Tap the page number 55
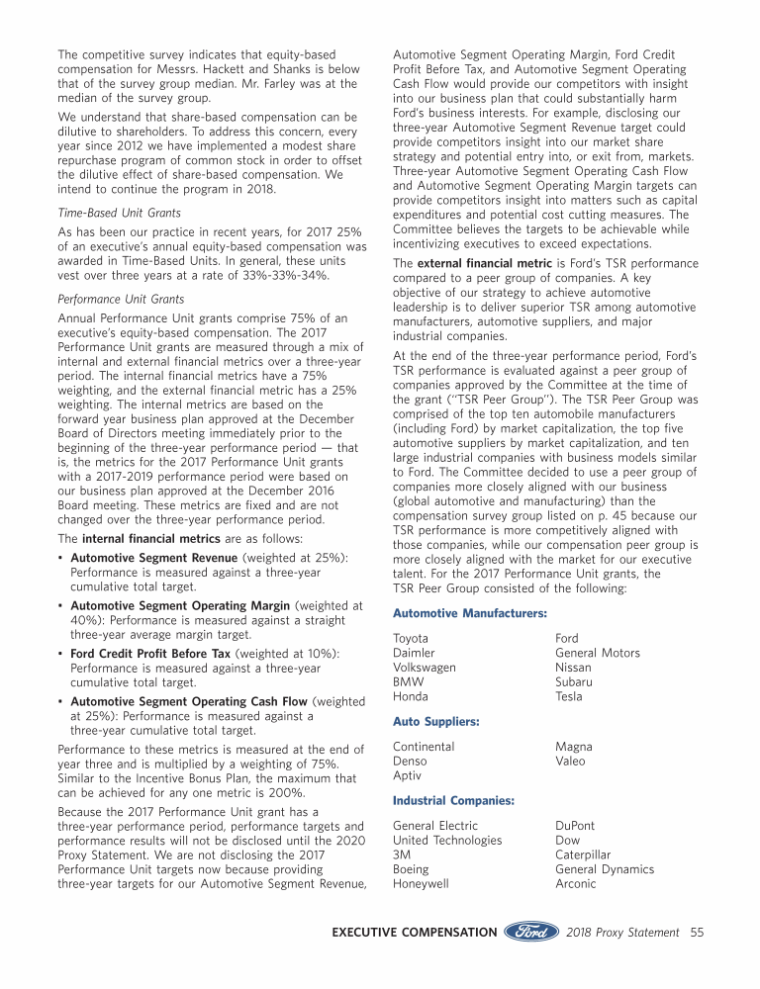(697, 932)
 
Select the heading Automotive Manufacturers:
(470, 614)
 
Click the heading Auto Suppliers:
(436, 722)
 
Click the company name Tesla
(569, 696)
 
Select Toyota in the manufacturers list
(413, 639)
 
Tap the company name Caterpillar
(583, 854)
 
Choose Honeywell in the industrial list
(421, 883)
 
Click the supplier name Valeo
(570, 761)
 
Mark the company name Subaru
(574, 681)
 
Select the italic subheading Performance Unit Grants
(122, 298)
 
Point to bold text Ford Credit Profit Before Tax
(150, 654)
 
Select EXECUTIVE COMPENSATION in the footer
(414, 932)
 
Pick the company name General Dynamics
(605, 869)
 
